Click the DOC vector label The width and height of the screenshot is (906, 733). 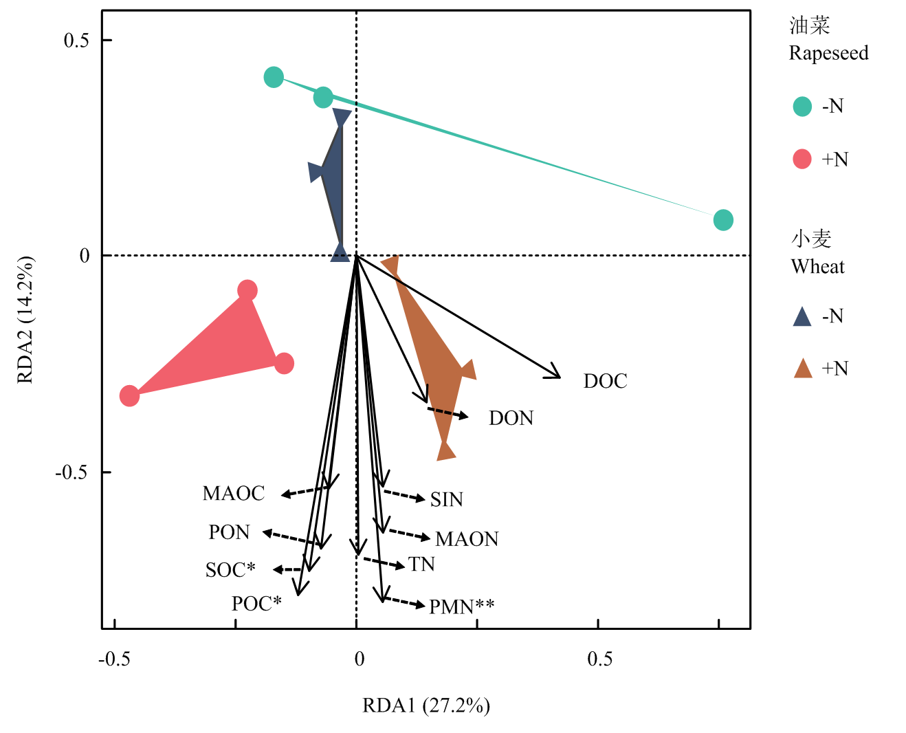click(605, 382)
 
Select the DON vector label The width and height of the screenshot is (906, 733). click(511, 418)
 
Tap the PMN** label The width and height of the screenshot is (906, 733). click(461, 606)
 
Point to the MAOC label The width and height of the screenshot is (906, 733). click(234, 493)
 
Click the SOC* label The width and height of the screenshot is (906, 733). click(230, 570)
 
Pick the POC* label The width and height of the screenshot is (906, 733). click(256, 604)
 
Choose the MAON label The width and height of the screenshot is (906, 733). click(467, 539)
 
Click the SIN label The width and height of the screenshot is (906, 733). click(447, 500)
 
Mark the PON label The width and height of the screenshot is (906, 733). click(229, 532)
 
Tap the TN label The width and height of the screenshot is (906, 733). click(421, 565)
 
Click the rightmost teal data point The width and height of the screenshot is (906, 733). click(722, 220)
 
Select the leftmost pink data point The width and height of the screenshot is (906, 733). click(129, 395)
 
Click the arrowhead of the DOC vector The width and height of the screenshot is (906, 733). click(558, 376)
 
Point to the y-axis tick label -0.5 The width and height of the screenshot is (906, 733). click(72, 472)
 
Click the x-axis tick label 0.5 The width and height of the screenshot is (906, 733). click(599, 659)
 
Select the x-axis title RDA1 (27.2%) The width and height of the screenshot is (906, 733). click(426, 705)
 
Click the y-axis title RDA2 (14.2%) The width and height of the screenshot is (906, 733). click(25, 320)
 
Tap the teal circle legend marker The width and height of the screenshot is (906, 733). click(802, 107)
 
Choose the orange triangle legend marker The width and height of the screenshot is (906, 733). click(803, 369)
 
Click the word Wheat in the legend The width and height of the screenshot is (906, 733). click(817, 267)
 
